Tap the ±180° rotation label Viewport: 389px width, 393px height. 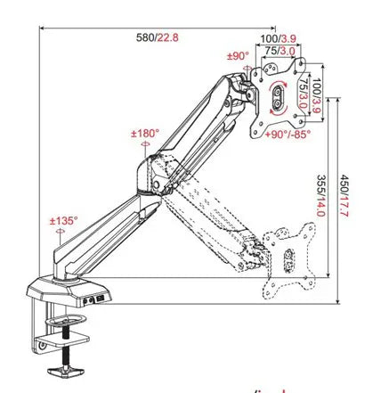pos(145,134)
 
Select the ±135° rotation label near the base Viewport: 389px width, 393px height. pos(64,220)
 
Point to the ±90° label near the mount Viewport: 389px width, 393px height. pos(239,55)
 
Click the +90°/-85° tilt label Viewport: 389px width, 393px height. pos(288,135)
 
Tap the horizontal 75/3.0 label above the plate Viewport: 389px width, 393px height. pos(282,51)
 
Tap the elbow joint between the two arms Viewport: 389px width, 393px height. pos(158,178)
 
